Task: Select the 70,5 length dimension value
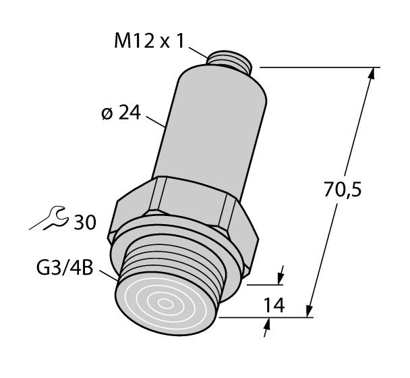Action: point(343,191)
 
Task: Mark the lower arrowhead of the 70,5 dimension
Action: point(312,310)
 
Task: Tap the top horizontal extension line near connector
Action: point(317,67)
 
